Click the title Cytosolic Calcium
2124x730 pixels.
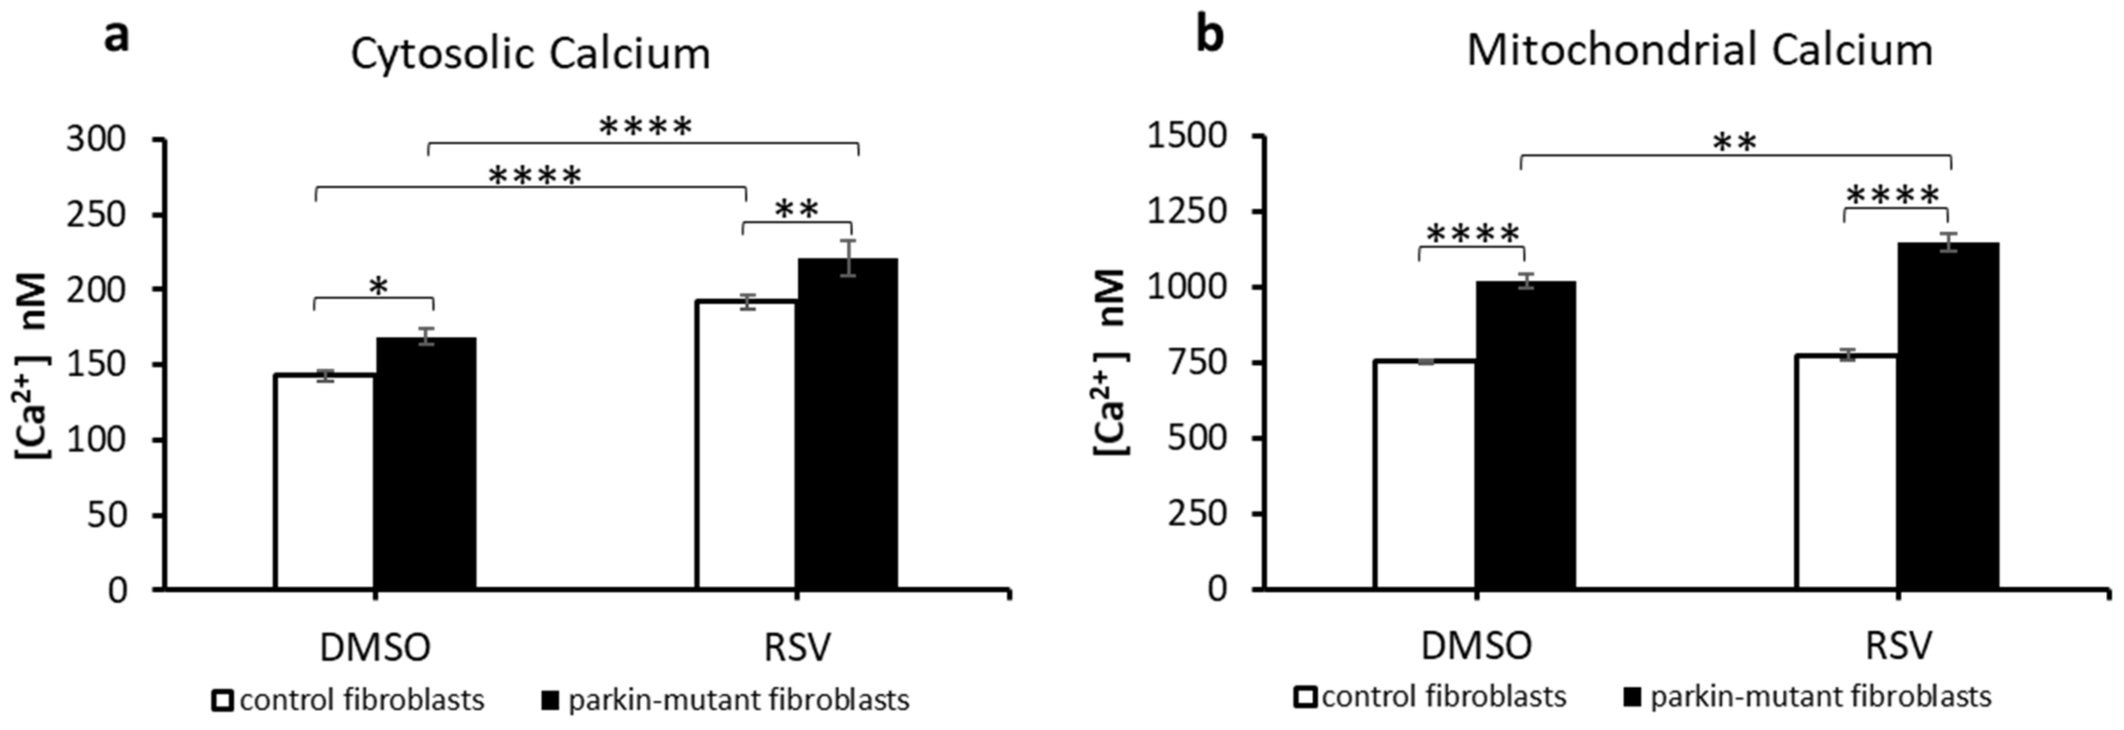[x=530, y=54]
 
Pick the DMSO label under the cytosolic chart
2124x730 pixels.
[x=375, y=647]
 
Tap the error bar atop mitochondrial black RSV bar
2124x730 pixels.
[x=1948, y=242]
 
